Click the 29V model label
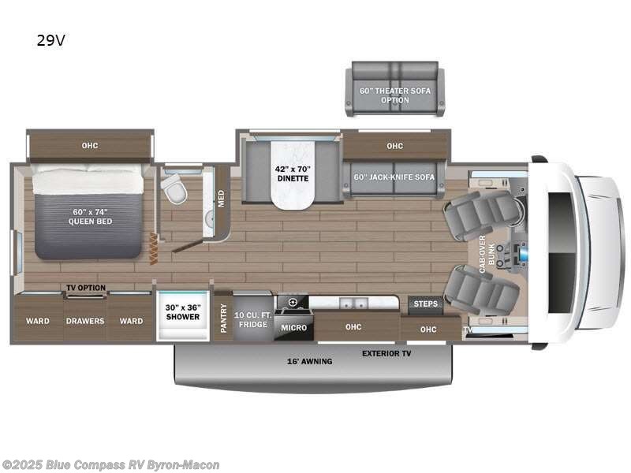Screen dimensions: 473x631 (50, 40)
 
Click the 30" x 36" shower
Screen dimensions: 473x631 (182, 312)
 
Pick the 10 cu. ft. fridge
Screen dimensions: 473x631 (253, 319)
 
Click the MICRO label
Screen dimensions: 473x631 (293, 326)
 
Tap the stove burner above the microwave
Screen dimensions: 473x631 (293, 302)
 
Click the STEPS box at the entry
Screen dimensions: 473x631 (426, 304)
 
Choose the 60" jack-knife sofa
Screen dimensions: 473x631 (394, 177)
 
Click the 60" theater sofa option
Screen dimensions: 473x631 (394, 95)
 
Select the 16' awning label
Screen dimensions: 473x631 (310, 361)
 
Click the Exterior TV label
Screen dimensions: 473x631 (386, 354)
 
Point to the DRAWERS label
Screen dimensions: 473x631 (84, 321)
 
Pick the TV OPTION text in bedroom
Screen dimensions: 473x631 (85, 288)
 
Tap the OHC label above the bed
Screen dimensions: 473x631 (88, 145)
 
